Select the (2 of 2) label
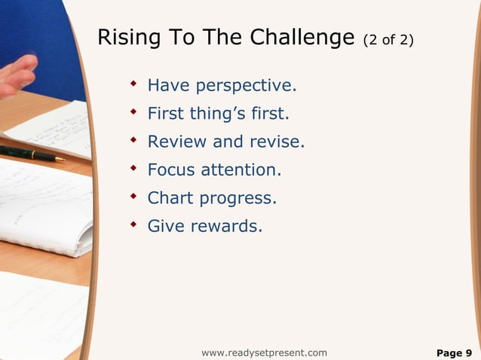[x=388, y=40]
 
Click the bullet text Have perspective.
[x=222, y=87]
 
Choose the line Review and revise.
[x=225, y=142]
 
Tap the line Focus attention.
[x=214, y=170]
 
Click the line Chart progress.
[x=212, y=198]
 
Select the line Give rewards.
[x=205, y=226]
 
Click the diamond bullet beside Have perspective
[x=133, y=84]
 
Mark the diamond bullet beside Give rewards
[x=133, y=224]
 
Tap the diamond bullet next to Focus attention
[x=133, y=168]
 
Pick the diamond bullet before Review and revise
[x=133, y=140]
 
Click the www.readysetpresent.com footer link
[x=264, y=352]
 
